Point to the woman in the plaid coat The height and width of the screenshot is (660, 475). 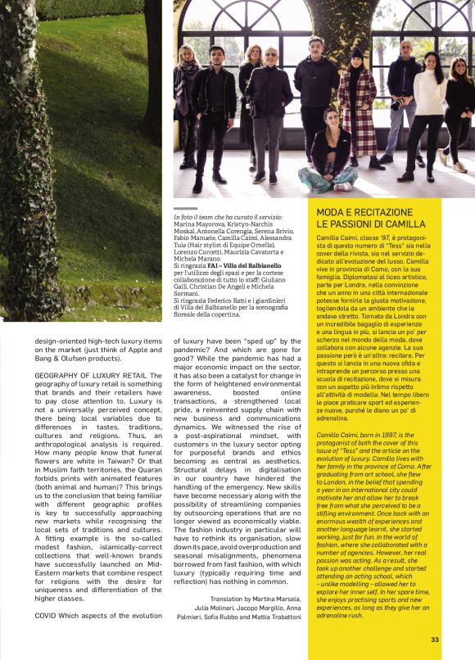pos(357,106)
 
